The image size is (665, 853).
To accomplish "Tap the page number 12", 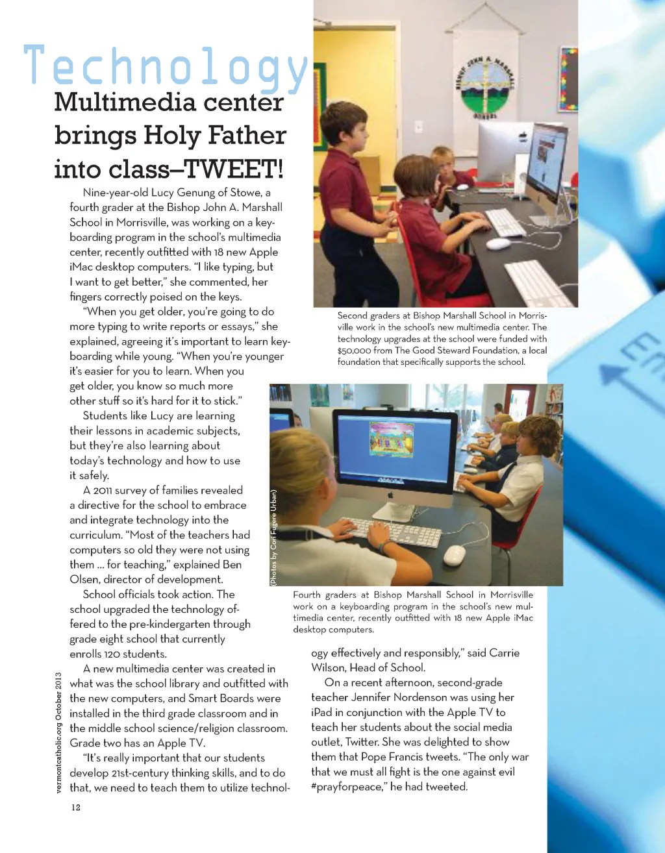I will [x=76, y=808].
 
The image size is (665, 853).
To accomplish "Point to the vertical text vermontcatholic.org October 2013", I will [x=58, y=733].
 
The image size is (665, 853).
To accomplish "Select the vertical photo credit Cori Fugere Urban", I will [x=274, y=538].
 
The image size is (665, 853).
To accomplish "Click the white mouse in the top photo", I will [x=498, y=243].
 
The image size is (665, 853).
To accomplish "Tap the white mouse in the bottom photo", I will [x=454, y=555].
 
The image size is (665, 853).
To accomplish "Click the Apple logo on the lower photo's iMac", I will [x=392, y=495].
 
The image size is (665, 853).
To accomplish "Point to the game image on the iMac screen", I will [x=392, y=439].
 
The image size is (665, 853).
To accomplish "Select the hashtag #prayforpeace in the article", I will [x=348, y=787].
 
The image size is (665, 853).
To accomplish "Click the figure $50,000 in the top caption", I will [x=354, y=351].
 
